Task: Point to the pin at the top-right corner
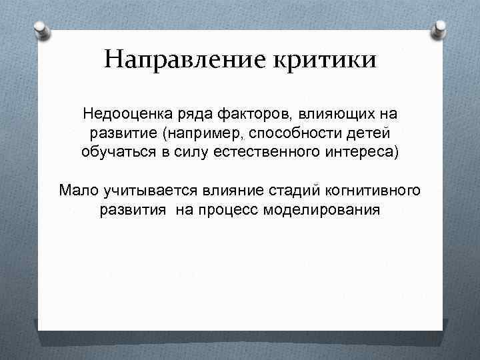tap(440, 28)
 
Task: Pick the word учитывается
tap(139, 191)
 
